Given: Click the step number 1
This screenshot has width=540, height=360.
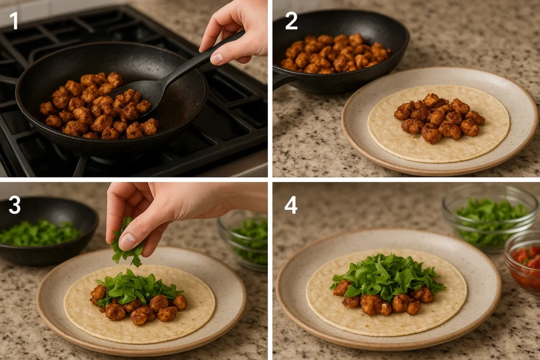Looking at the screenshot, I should (14, 21).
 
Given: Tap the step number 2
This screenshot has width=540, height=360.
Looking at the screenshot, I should (291, 21).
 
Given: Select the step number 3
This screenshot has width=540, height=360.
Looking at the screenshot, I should (14, 205).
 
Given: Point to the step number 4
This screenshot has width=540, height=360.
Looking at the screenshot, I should (291, 205).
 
